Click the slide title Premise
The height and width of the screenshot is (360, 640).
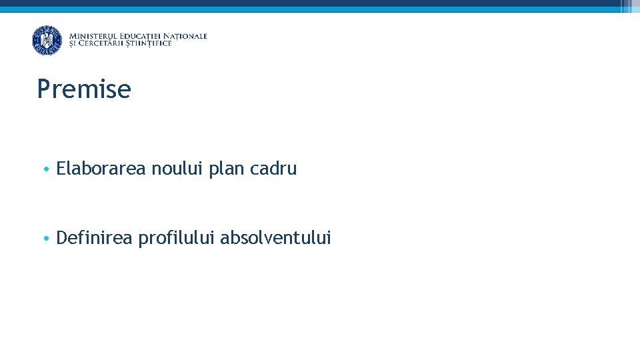pyautogui.click(x=84, y=89)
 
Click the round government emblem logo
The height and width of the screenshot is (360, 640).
pyautogui.click(x=47, y=40)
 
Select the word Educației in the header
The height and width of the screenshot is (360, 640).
pyautogui.click(x=138, y=36)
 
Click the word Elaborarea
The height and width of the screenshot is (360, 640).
pyautogui.click(x=101, y=169)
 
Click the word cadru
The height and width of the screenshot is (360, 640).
pyautogui.click(x=273, y=169)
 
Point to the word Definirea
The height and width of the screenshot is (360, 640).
pyautogui.click(x=95, y=237)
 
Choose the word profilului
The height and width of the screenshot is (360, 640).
pyautogui.click(x=176, y=238)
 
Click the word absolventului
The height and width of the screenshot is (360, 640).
pyautogui.click(x=275, y=237)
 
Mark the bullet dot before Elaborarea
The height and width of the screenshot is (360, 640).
pyautogui.click(x=43, y=169)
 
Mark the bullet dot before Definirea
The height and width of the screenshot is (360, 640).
pyautogui.click(x=43, y=238)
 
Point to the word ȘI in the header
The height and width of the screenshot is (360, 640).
pyautogui.click(x=73, y=44)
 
